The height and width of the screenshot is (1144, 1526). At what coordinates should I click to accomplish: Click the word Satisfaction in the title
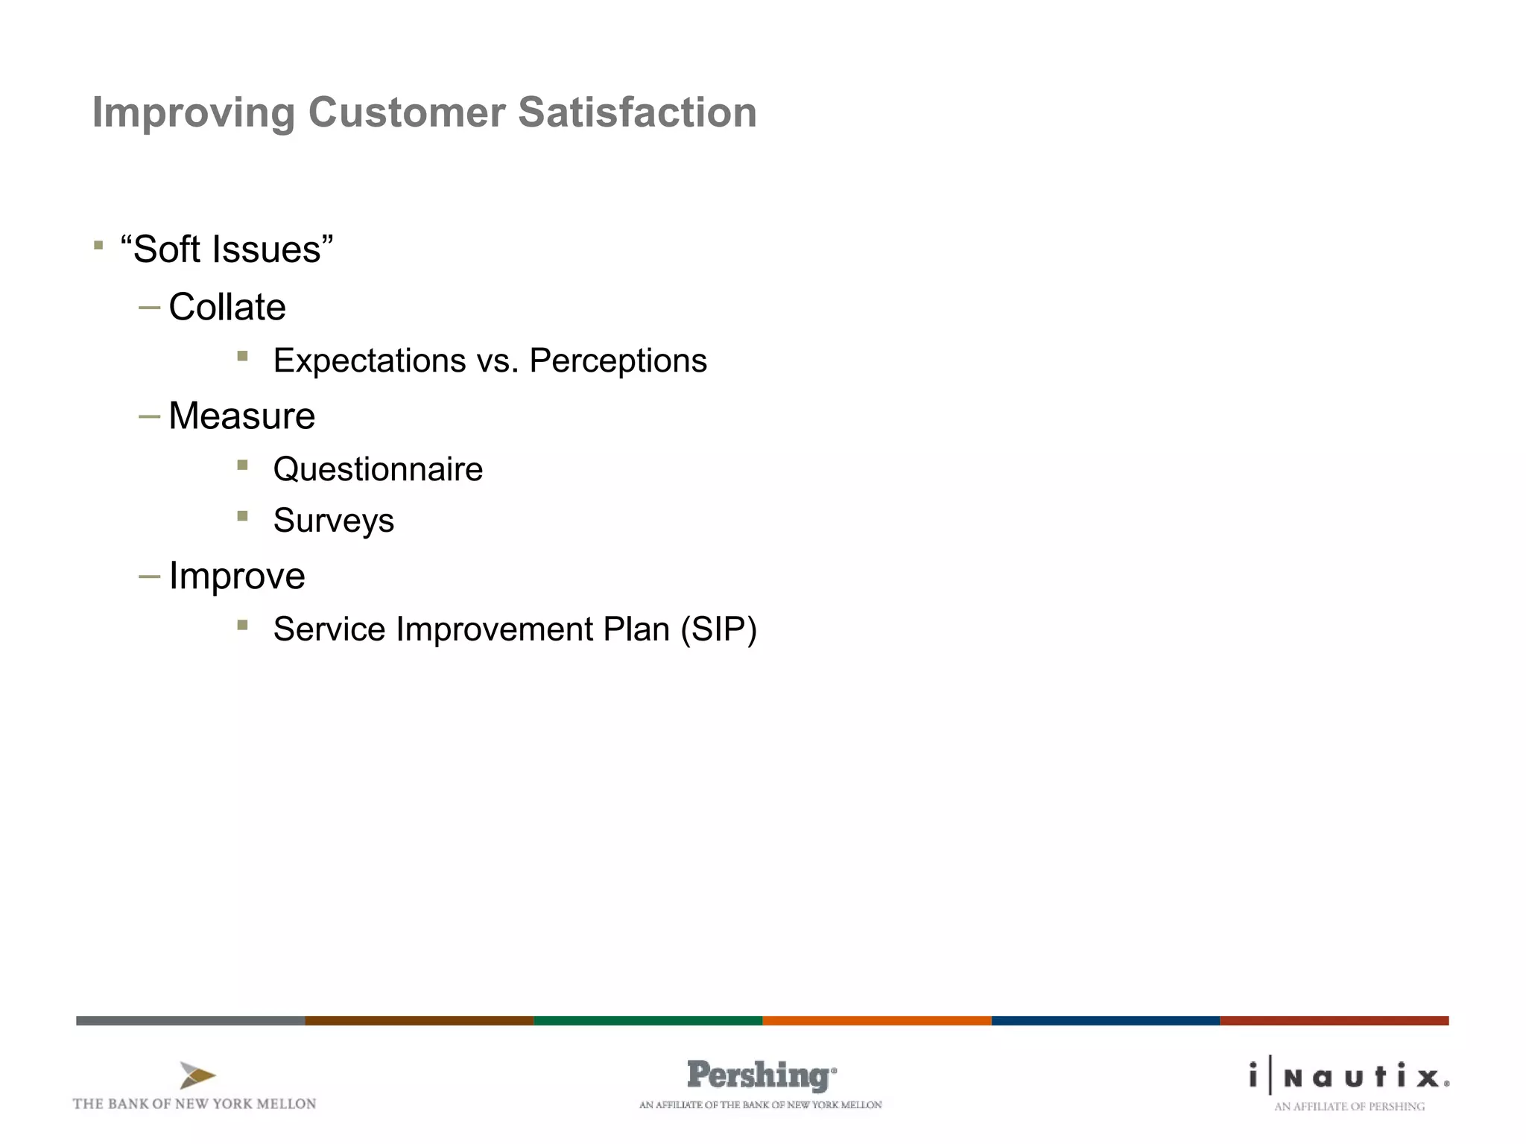coord(637,112)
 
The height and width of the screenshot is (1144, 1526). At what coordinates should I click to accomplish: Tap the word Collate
coord(227,307)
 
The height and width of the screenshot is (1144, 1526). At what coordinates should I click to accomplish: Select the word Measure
coord(241,416)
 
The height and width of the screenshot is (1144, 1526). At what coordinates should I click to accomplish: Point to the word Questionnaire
coord(378,469)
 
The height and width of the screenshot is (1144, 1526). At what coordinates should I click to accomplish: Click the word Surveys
coord(333,521)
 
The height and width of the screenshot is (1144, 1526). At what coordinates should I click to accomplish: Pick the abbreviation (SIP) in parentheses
coord(718,629)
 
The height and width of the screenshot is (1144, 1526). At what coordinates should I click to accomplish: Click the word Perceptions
coord(618,360)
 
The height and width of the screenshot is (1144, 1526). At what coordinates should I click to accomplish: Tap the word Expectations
coord(369,360)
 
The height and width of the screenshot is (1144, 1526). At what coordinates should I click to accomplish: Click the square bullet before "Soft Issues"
coord(98,245)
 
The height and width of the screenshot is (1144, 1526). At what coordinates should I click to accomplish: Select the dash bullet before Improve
coord(149,576)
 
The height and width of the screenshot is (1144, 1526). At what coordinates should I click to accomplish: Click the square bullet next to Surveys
coord(242,515)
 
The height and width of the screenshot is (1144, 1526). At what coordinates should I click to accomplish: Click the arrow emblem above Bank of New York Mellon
coord(197,1075)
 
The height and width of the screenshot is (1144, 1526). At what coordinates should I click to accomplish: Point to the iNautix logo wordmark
coord(1349,1077)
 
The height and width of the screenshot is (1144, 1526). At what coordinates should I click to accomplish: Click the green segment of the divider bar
coord(648,1020)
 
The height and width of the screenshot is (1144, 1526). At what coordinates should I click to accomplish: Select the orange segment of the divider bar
coord(876,1020)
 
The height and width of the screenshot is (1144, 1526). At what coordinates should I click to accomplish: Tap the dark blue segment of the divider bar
coord(1105,1020)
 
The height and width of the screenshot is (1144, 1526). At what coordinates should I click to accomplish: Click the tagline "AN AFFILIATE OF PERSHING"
coord(1349,1107)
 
